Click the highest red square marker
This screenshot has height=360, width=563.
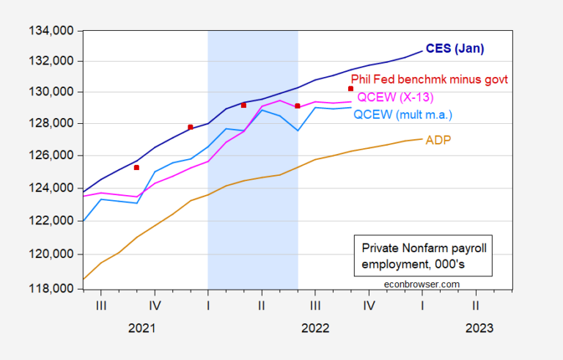click(351, 89)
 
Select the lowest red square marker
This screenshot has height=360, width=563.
click(136, 167)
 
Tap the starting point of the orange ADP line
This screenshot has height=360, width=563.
click(83, 279)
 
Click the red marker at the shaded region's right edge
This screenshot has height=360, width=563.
click(298, 106)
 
